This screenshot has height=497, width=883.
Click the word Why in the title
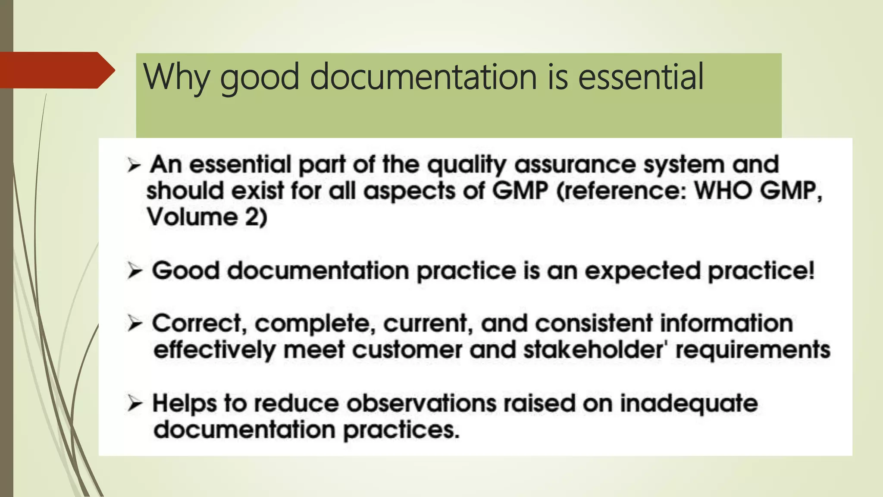pos(176,78)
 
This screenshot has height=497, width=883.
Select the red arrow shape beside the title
pos(56,70)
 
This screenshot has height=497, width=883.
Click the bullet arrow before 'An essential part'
pos(134,165)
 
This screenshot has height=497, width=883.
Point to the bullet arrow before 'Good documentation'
pos(135,271)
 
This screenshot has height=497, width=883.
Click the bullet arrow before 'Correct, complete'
pos(135,324)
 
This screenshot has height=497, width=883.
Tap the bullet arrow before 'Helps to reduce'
pos(135,404)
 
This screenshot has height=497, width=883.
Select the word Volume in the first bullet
pos(192,217)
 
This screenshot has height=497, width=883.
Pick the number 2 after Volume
pos(252,217)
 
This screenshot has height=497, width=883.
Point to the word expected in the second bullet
pos(643,271)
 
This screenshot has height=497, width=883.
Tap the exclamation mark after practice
pos(811,271)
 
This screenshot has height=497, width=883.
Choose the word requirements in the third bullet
pos(753,349)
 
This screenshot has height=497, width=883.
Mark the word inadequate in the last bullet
pos(689,404)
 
